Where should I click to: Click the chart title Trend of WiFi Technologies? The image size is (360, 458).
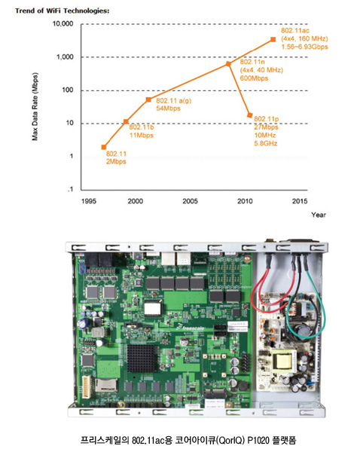[63, 11]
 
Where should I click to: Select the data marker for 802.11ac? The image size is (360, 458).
[273, 39]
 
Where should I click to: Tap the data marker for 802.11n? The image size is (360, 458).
[229, 64]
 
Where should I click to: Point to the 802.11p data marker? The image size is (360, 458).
[249, 115]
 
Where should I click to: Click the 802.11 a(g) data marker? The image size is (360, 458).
[148, 99]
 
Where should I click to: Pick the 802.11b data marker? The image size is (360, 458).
[126, 121]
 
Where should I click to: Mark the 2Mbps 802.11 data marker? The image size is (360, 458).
[104, 147]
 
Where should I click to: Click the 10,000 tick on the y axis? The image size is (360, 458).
[63, 23]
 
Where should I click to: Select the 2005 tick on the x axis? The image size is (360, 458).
[190, 201]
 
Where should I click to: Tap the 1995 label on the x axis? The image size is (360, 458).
[89, 201]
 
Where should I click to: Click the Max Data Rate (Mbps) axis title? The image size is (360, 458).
[35, 106]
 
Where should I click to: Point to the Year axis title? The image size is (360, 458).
[319, 215]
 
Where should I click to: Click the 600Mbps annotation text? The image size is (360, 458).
[254, 78]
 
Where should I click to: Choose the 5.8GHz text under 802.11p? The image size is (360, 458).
[266, 143]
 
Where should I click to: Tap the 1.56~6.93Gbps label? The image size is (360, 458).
[304, 47]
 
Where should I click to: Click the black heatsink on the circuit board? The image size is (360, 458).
[142, 358]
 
